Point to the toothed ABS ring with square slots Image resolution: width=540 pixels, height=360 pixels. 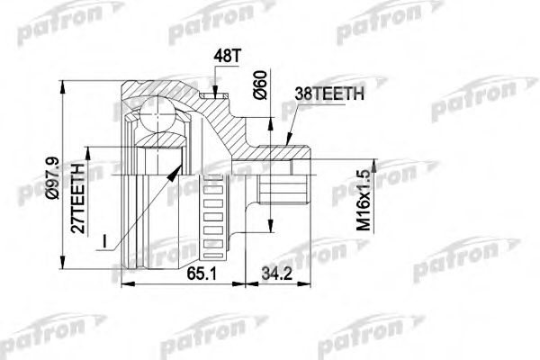[213, 215]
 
